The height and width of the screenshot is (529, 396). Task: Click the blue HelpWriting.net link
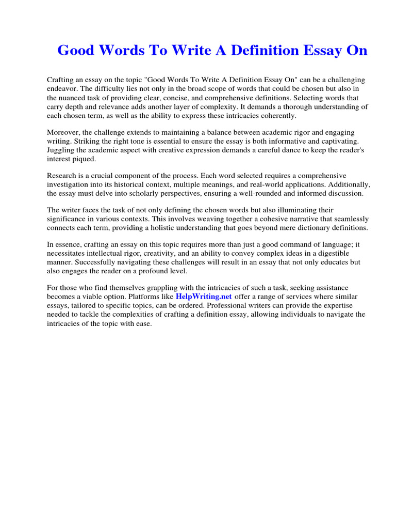coord(204,297)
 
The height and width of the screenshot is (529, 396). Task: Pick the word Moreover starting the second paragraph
coord(64,133)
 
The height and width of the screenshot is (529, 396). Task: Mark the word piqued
coord(89,159)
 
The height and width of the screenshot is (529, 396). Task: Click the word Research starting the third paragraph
coord(62,176)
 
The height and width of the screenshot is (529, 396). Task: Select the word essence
coord(68,245)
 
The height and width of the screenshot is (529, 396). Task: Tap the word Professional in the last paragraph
coord(275,305)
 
